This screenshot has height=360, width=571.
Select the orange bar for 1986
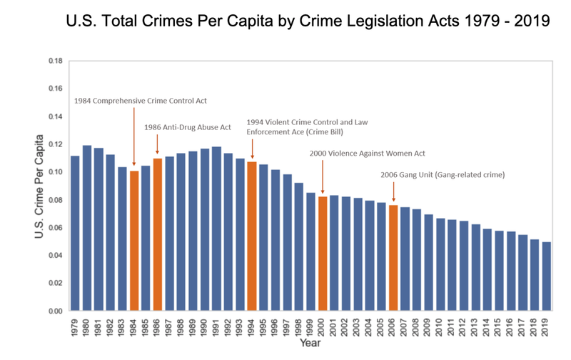(x=158, y=235)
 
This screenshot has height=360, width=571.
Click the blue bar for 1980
(x=87, y=229)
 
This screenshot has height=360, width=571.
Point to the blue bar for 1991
(x=216, y=229)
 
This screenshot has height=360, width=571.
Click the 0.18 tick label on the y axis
(x=55, y=61)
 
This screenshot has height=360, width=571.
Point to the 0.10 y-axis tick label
(x=55, y=172)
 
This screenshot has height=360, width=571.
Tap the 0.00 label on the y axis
(x=55, y=311)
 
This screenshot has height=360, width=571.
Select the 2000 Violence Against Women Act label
(x=368, y=153)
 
